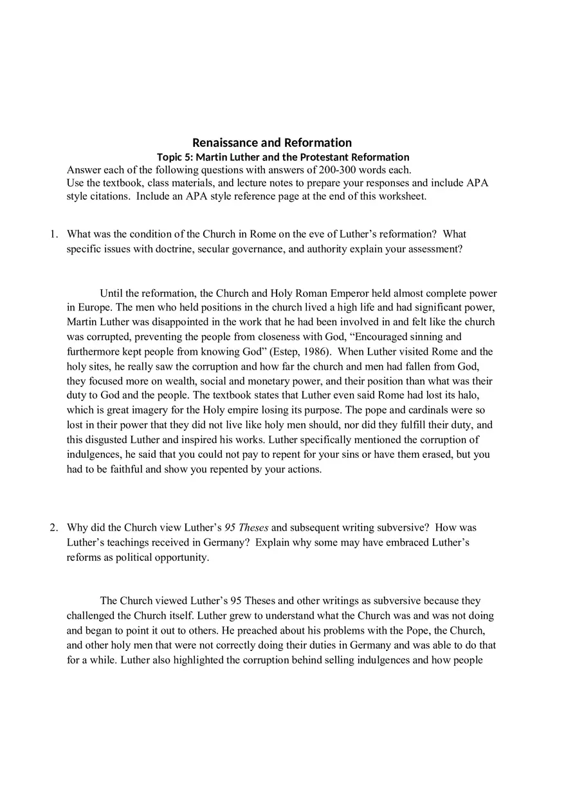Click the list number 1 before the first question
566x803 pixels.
pyautogui.click(x=54, y=234)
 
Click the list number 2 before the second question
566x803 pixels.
pyautogui.click(x=54, y=527)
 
